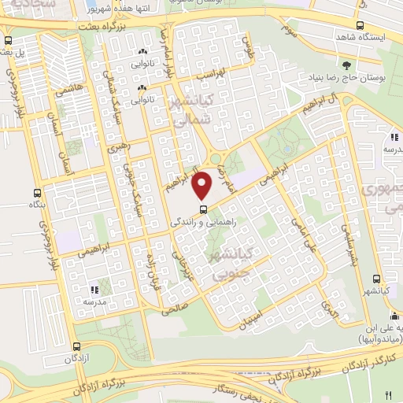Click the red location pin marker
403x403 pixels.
click(203, 186)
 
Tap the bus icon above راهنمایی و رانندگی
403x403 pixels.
click(204, 209)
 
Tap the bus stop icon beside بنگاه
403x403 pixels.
click(35, 192)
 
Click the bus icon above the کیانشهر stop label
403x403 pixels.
click(377, 279)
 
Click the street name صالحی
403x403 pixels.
click(176, 307)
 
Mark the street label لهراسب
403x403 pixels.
click(210, 73)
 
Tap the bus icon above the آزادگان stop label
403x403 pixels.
click(77, 346)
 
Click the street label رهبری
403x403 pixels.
click(116, 146)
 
